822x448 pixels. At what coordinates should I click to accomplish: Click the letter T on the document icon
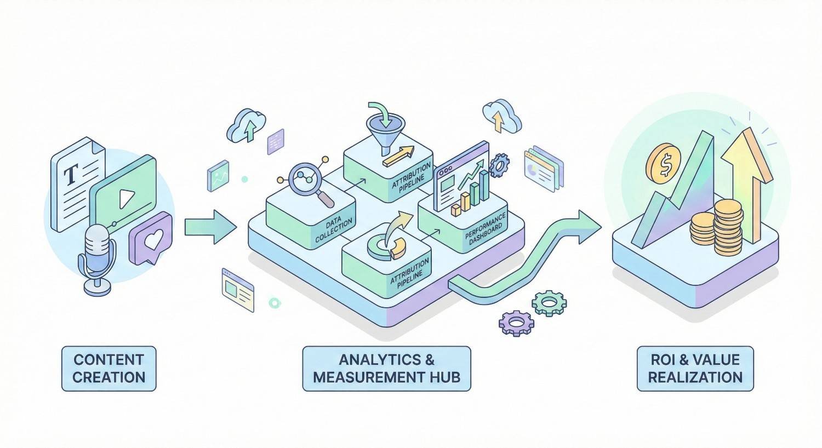tap(70, 176)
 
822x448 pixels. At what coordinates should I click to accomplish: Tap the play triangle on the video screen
tap(126, 197)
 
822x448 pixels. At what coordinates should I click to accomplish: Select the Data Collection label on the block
tap(333, 231)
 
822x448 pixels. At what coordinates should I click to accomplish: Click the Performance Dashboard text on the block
tap(486, 231)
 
